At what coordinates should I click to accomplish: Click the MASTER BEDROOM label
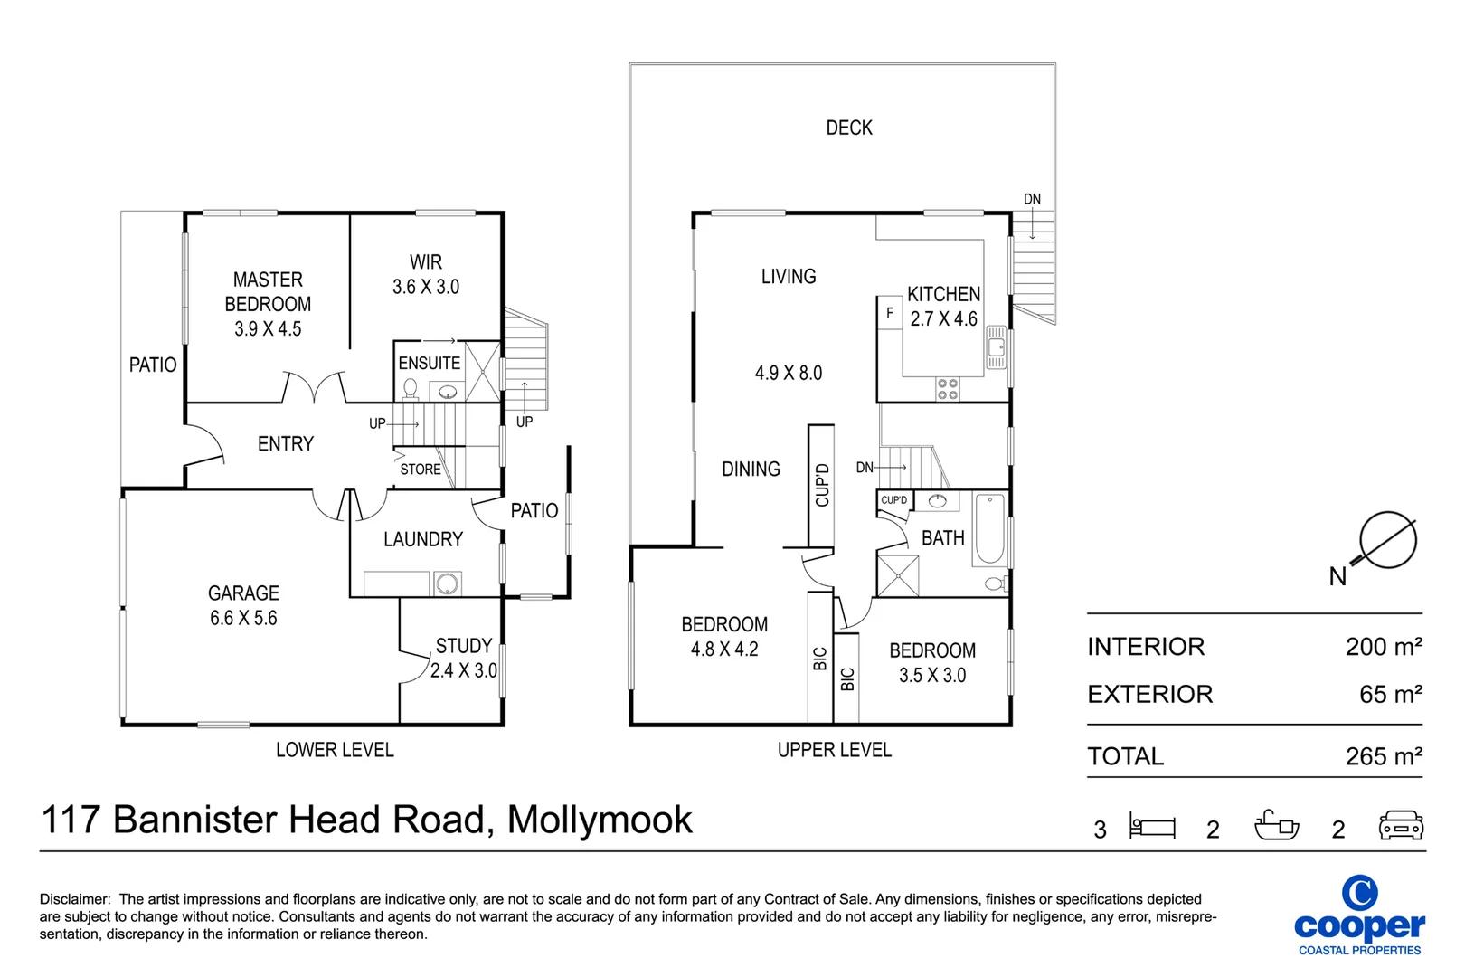click(x=268, y=304)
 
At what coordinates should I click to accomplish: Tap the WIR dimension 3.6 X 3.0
click(x=426, y=287)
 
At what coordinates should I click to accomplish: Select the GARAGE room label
click(x=243, y=593)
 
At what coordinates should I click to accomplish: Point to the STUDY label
click(x=464, y=646)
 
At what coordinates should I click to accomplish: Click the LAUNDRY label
click(x=423, y=539)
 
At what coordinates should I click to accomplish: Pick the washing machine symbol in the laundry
click(x=447, y=584)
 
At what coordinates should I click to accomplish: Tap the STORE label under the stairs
click(x=421, y=470)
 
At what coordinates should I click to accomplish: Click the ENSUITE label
click(x=430, y=363)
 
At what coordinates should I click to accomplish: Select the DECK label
click(x=849, y=128)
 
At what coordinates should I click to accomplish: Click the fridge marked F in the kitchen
click(x=890, y=313)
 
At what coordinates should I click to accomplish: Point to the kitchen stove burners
click(x=948, y=389)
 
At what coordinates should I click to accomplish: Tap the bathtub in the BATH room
click(x=990, y=529)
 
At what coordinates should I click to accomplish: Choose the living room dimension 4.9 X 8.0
click(x=789, y=373)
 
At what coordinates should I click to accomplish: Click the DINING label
click(x=751, y=470)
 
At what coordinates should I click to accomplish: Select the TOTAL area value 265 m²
click(x=1384, y=756)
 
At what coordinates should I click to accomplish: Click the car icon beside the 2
click(x=1401, y=826)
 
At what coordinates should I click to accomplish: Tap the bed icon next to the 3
click(x=1152, y=826)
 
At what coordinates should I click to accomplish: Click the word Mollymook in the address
click(x=600, y=820)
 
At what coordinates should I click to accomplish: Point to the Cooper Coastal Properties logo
click(x=1359, y=915)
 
